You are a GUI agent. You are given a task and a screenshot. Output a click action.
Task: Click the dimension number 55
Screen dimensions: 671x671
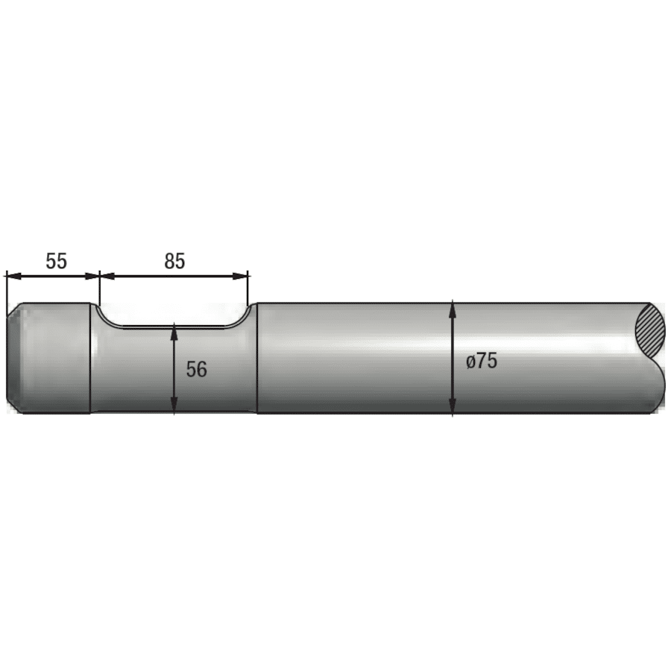click(x=57, y=261)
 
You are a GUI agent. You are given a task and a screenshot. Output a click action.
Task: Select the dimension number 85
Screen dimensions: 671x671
click(x=174, y=261)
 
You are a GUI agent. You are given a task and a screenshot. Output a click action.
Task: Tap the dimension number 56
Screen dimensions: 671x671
click(x=196, y=369)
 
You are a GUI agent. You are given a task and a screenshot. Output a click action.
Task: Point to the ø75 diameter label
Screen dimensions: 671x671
click(x=481, y=362)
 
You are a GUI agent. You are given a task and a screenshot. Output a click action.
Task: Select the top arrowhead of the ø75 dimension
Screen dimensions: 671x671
click(x=453, y=308)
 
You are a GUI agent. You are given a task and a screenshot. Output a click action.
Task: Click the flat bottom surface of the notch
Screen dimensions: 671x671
click(x=174, y=327)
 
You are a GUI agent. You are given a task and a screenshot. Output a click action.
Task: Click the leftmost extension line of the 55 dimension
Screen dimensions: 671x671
click(x=6, y=287)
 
